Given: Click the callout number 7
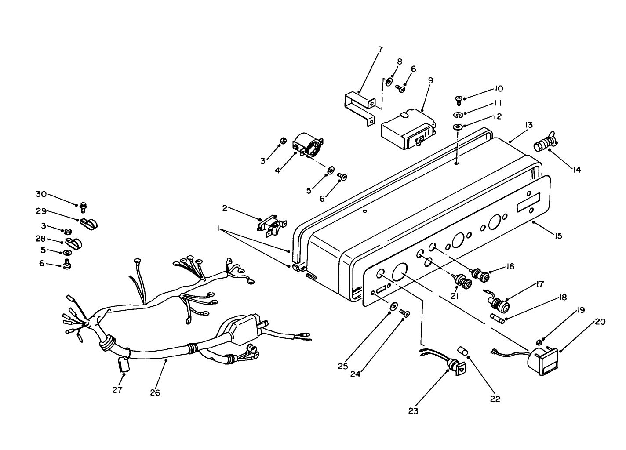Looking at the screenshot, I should pyautogui.click(x=380, y=49).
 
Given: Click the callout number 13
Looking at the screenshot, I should pyautogui.click(x=528, y=126).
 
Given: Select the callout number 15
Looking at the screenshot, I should pyautogui.click(x=558, y=236).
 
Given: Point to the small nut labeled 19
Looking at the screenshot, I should pyautogui.click(x=539, y=341).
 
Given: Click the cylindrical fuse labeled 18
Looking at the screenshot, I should pyautogui.click(x=497, y=317).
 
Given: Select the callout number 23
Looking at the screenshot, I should pyautogui.click(x=413, y=411).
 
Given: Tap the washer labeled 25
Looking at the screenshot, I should pyautogui.click(x=393, y=305).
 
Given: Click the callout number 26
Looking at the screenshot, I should pyautogui.click(x=155, y=392).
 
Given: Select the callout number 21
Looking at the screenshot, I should pyautogui.click(x=455, y=297).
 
